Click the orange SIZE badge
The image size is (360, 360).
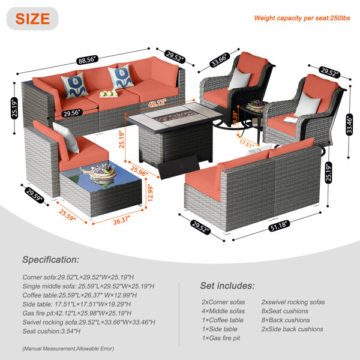32,19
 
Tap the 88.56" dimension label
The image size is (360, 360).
87,59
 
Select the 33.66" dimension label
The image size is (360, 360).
220,60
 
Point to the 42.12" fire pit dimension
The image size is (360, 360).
157,103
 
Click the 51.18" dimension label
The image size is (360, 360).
279,226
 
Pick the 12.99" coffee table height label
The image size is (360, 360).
150,193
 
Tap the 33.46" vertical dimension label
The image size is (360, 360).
349,124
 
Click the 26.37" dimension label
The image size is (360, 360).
122,220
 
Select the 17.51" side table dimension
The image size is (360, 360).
247,143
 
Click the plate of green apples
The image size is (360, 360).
109,94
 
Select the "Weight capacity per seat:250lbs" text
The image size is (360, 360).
302,18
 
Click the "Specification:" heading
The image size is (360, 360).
51,260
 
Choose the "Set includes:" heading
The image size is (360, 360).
227,286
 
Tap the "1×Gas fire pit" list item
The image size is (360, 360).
221,338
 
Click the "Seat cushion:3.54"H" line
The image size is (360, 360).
52,331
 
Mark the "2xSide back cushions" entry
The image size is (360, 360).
292,329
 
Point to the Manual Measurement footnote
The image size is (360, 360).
68,349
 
